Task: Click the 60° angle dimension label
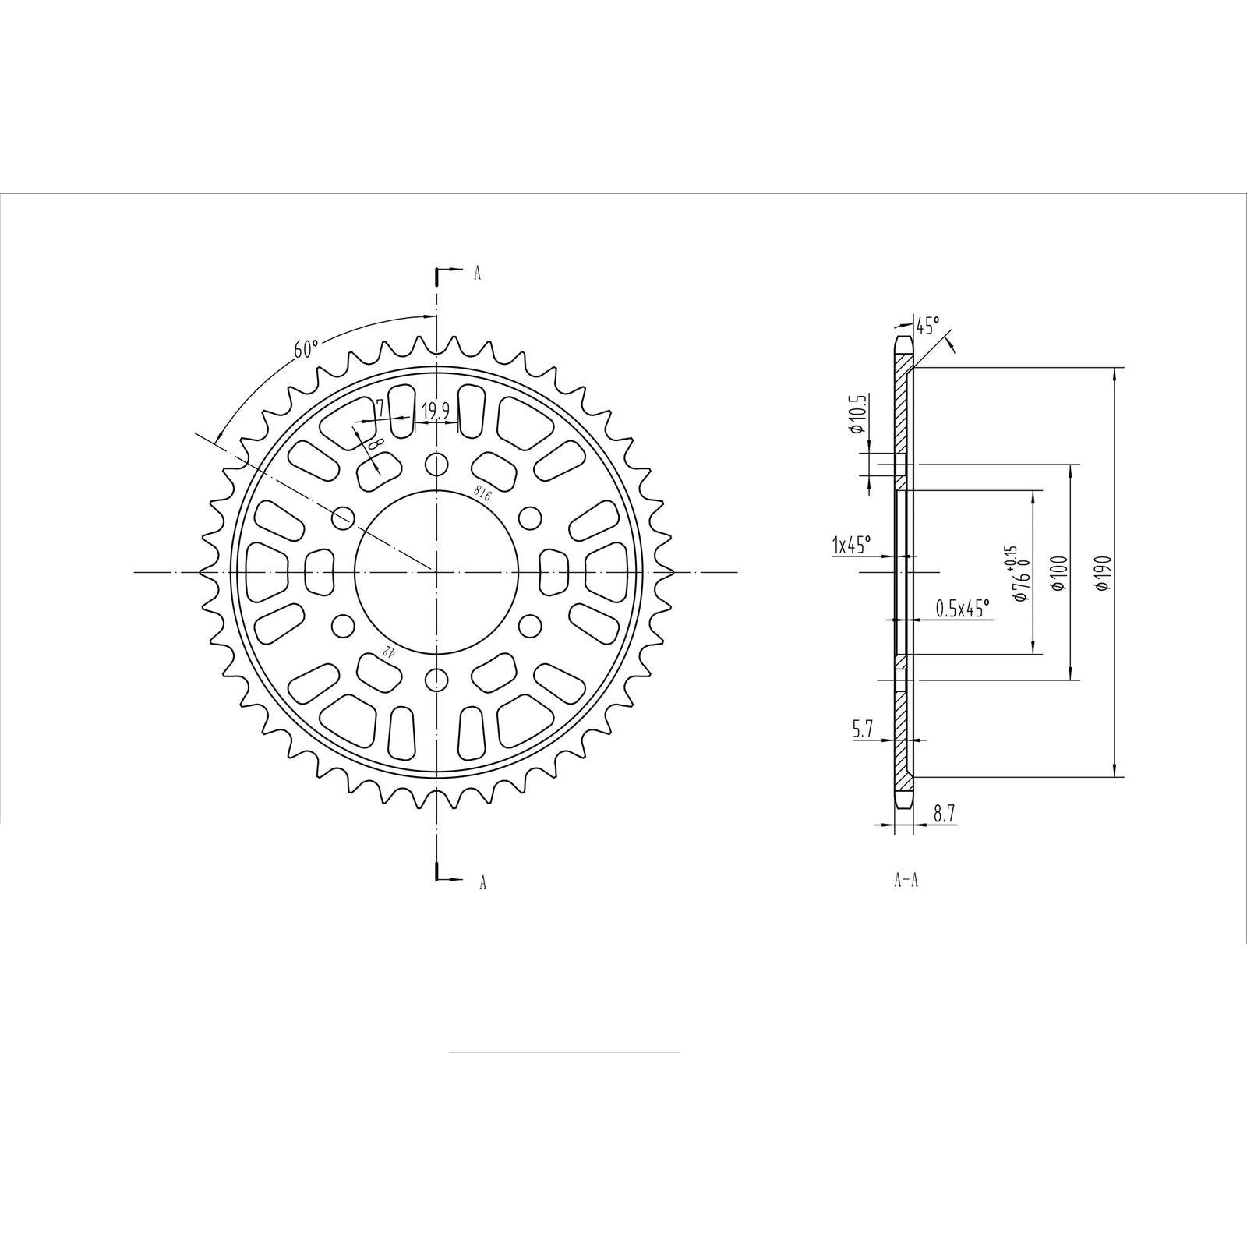pyautogui.click(x=306, y=349)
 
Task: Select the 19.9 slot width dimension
pyautogui.click(x=435, y=411)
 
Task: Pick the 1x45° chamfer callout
pyautogui.click(x=851, y=544)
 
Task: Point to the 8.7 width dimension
pyautogui.click(x=944, y=814)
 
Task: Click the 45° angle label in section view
pyautogui.click(x=927, y=325)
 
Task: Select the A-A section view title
pyautogui.click(x=906, y=881)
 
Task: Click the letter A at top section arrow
pyautogui.click(x=478, y=273)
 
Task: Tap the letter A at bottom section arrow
pyautogui.click(x=482, y=882)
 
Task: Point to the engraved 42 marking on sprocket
pyautogui.click(x=386, y=652)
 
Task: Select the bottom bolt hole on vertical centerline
pyautogui.click(x=437, y=677)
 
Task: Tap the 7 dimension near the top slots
pyautogui.click(x=380, y=408)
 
